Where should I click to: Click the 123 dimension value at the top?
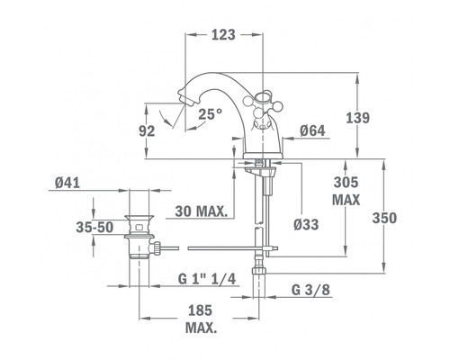(x=223, y=35)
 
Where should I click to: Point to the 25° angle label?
(x=211, y=114)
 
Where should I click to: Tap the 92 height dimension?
(x=147, y=131)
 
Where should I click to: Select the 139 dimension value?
(x=358, y=118)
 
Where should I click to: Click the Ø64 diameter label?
(x=312, y=130)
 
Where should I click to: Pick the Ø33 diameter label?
(x=306, y=224)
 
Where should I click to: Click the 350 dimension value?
(x=384, y=218)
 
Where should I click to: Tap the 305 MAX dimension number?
(x=346, y=182)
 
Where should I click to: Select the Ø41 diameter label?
(x=67, y=183)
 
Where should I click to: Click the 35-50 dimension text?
(x=94, y=228)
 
